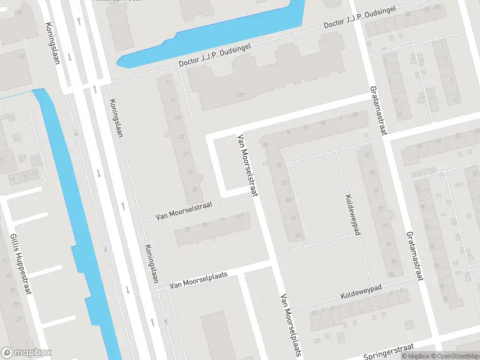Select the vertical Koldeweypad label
pos(352,214)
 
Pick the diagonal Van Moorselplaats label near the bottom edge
pos(289,324)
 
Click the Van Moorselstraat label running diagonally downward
pos(248,164)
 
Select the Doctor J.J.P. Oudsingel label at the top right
pos(362,18)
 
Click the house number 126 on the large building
pos(241,95)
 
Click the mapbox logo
pos(26,352)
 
